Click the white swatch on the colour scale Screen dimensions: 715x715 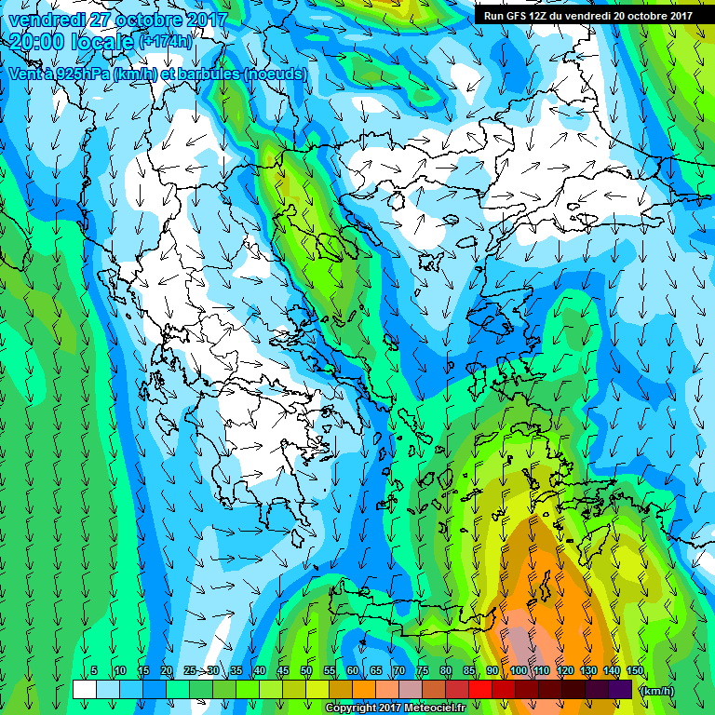click(85, 689)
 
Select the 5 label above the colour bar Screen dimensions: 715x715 click(94, 671)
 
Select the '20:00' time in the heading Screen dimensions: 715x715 click(40, 42)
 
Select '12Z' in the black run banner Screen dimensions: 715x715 click(541, 16)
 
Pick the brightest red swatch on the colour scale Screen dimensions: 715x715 click(480, 689)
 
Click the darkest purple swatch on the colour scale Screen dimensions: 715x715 click(620, 689)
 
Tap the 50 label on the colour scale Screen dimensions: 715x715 click(306, 671)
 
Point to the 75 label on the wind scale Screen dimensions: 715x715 click(423, 671)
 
